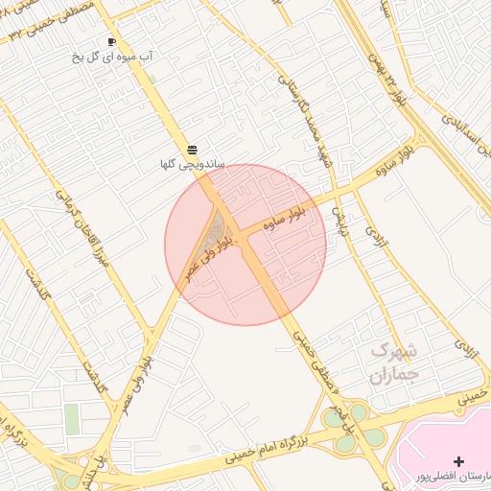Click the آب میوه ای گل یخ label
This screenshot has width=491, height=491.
112,58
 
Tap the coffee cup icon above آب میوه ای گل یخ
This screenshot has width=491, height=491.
111,42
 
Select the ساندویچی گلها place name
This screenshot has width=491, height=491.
192,165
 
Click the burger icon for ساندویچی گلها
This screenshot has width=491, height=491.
193,150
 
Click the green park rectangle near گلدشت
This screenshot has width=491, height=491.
72,418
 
